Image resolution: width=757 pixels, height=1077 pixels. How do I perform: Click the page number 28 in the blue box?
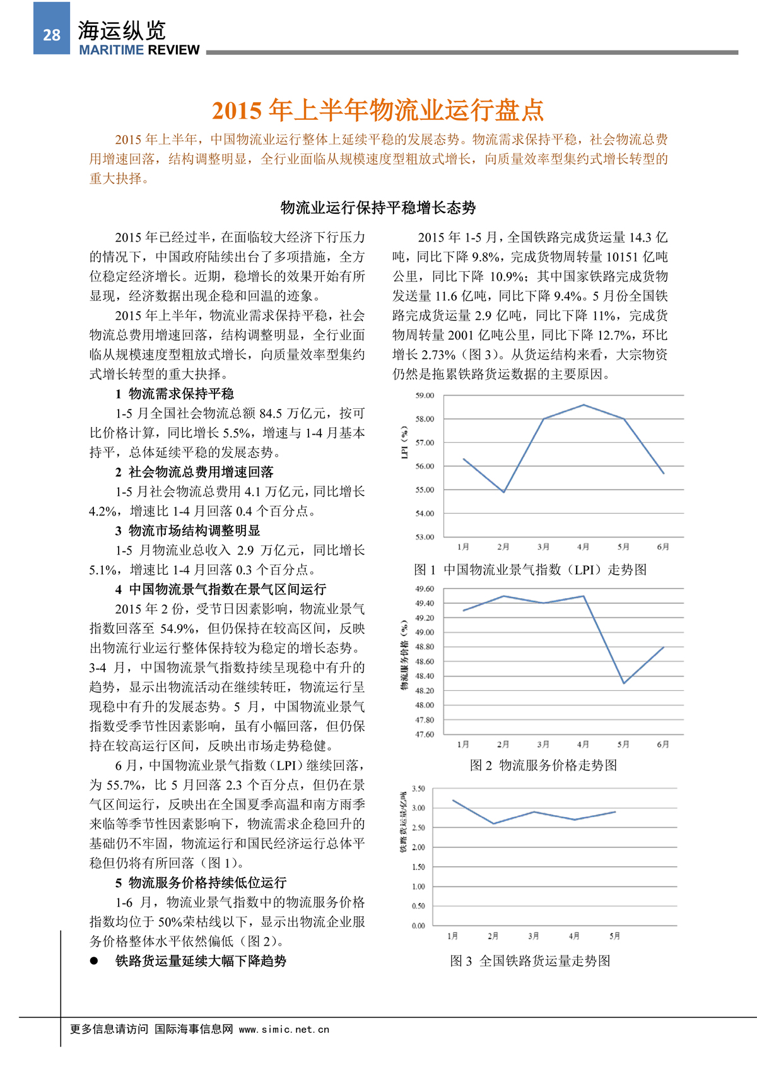click(52, 35)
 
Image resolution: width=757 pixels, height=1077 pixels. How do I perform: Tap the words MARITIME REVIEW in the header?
click(139, 50)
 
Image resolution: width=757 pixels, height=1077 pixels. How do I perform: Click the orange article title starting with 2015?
click(377, 110)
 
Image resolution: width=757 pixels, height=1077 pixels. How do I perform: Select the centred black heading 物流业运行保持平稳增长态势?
click(378, 208)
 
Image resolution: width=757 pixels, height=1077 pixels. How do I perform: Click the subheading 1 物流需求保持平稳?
click(175, 394)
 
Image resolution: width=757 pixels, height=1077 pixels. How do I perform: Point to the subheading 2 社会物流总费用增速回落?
click(194, 472)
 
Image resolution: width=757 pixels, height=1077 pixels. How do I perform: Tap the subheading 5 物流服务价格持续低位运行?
click(201, 883)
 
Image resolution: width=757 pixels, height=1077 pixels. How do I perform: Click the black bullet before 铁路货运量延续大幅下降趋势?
click(94, 961)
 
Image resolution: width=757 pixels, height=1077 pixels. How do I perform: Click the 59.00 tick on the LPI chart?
click(425, 396)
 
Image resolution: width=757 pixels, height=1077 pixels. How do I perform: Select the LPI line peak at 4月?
click(584, 405)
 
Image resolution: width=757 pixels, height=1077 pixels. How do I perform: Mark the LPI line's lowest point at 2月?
click(503, 492)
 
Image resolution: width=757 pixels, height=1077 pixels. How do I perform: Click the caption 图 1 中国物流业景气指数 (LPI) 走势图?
click(530, 570)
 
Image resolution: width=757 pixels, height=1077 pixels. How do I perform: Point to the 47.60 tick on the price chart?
click(425, 734)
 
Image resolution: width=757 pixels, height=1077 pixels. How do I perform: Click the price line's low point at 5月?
click(623, 683)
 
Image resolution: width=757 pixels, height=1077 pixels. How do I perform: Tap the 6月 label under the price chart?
click(662, 744)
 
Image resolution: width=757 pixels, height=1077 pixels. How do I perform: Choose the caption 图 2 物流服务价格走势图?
click(543, 765)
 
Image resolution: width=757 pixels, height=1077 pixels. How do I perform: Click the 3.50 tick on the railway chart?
click(418, 789)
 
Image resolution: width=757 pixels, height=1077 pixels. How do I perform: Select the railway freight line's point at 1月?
click(453, 801)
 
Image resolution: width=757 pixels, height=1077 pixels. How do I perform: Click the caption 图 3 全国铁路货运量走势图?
click(530, 961)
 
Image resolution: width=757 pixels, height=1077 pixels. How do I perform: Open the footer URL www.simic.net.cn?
click(284, 1029)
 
